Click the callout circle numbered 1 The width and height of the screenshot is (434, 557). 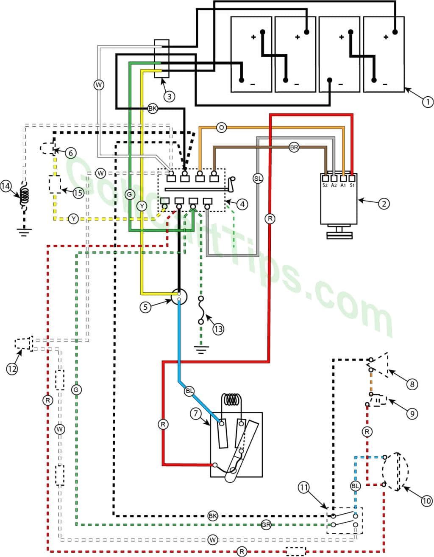427,102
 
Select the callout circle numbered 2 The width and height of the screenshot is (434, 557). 384,204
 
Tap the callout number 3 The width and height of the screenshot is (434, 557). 169,96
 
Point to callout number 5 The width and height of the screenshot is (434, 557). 145,307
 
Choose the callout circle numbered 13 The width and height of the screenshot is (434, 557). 218,329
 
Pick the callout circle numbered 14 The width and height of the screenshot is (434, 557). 6,186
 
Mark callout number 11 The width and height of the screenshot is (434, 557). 304,487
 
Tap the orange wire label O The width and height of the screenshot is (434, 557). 221,127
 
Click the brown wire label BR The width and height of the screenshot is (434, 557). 294,148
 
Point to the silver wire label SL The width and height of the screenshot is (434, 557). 258,179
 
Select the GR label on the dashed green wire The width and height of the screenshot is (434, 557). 266,525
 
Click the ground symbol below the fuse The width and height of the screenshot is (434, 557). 201,350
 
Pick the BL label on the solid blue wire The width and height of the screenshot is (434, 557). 189,390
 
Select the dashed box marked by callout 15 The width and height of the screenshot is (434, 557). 55,185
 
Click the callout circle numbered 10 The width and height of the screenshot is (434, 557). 426,501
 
